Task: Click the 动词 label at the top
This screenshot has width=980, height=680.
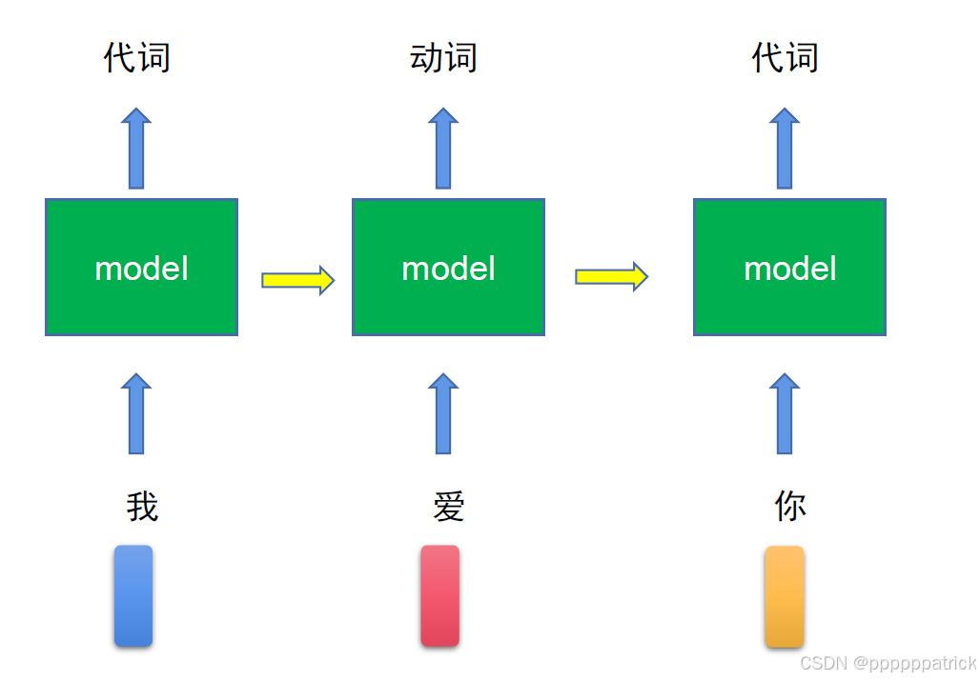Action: pyautogui.click(x=443, y=58)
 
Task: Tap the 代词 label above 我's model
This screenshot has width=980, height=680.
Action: pyautogui.click(x=137, y=58)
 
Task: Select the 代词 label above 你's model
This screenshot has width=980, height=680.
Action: pyautogui.click(x=785, y=58)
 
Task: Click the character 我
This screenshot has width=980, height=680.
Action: pyautogui.click(x=142, y=507)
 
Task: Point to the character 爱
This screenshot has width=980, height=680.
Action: pyautogui.click(x=448, y=507)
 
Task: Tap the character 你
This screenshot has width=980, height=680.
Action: pyautogui.click(x=789, y=507)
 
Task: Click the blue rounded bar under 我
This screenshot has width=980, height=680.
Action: pyautogui.click(x=133, y=596)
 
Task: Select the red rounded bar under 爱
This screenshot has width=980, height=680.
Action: pyautogui.click(x=439, y=596)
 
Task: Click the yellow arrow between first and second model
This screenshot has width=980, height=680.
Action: pyautogui.click(x=297, y=280)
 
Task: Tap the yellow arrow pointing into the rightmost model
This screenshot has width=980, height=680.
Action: pyautogui.click(x=611, y=277)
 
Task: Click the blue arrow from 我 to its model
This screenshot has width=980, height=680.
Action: pyautogui.click(x=136, y=414)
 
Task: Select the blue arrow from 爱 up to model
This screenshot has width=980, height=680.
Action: pyautogui.click(x=443, y=414)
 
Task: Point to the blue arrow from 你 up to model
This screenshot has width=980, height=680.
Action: pyautogui.click(x=785, y=414)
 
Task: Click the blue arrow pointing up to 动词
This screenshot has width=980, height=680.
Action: pyautogui.click(x=443, y=149)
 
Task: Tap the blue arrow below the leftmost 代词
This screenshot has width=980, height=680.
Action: pyautogui.click(x=136, y=149)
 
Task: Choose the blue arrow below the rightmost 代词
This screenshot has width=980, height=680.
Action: pyautogui.click(x=785, y=149)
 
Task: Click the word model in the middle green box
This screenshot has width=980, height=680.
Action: pyautogui.click(x=448, y=269)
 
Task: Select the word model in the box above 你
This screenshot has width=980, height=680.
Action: pyautogui.click(x=789, y=269)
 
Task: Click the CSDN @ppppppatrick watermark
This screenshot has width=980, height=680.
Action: pyautogui.click(x=888, y=663)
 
